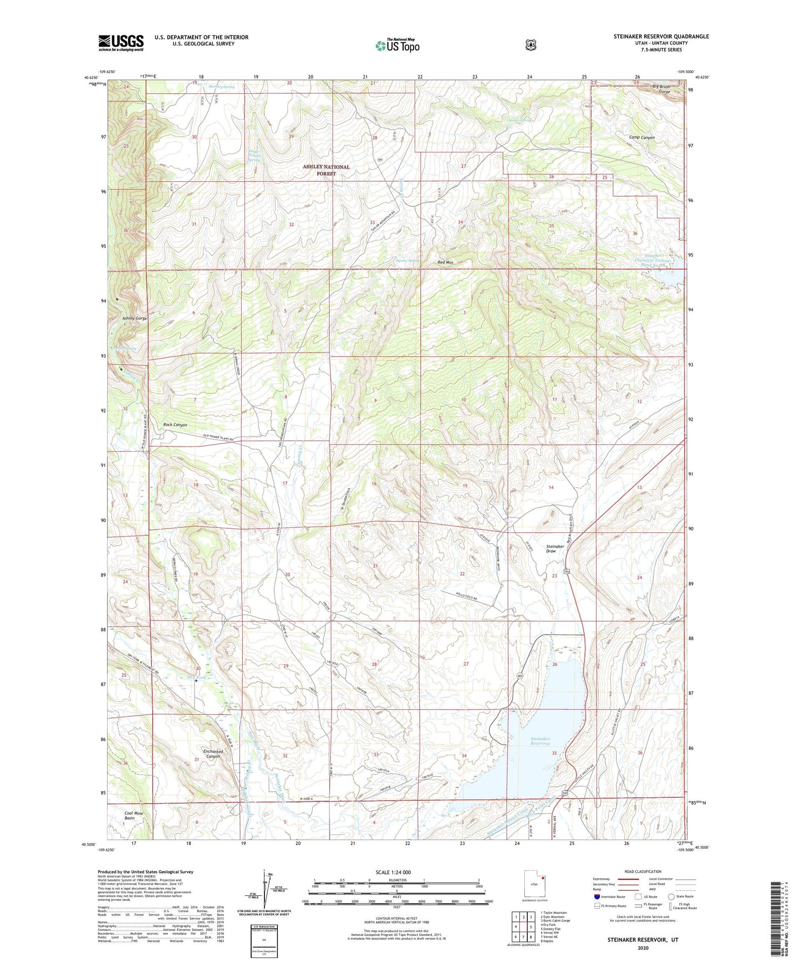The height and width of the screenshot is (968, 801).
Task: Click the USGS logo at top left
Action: (121, 43)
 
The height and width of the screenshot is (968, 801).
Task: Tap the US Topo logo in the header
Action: (397, 45)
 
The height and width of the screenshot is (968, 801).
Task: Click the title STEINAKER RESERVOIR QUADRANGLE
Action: (661, 37)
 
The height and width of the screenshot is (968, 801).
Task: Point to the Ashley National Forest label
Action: (326, 170)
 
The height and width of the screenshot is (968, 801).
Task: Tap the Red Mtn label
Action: (446, 262)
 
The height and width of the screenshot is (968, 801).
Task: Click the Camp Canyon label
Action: (641, 137)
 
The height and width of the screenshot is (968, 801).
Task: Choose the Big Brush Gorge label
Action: (661, 89)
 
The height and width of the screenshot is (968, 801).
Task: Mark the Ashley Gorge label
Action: (135, 319)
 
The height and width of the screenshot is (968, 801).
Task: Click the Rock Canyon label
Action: (175, 425)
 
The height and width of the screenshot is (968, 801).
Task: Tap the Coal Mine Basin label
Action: (134, 816)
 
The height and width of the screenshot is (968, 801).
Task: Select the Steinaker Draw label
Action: (554, 548)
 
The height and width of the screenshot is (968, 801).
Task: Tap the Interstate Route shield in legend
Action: (596, 896)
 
